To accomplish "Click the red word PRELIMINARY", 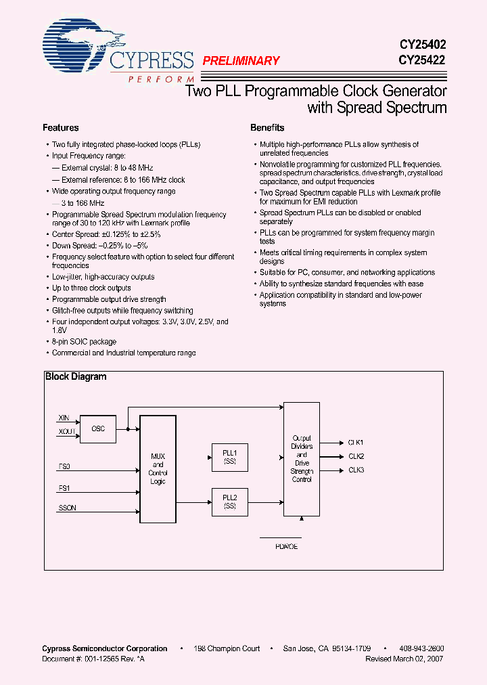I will pyautogui.click(x=241, y=61).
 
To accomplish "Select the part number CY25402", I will pyautogui.click(x=422, y=45).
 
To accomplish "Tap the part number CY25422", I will pyautogui.click(x=422, y=60).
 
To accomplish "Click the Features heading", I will pyautogui.click(x=61, y=128).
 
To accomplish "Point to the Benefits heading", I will pyautogui.click(x=267, y=128).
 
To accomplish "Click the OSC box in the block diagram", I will pyautogui.click(x=98, y=429).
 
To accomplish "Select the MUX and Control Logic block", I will pyautogui.click(x=158, y=468).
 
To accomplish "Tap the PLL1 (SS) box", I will pyautogui.click(x=229, y=457).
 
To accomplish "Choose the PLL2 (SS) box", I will pyautogui.click(x=229, y=502).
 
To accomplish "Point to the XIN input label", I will pyautogui.click(x=64, y=420).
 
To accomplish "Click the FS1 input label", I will pyautogui.click(x=64, y=488).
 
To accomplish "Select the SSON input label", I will pyautogui.click(x=66, y=508).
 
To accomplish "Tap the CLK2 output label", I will pyautogui.click(x=356, y=456).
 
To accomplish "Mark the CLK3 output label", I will pyautogui.click(x=356, y=470).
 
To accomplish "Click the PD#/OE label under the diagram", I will pyautogui.click(x=287, y=546).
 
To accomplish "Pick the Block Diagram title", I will pyautogui.click(x=76, y=377).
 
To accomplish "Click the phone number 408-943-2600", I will pyautogui.click(x=421, y=648).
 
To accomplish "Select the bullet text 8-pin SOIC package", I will pyautogui.click(x=84, y=342).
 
